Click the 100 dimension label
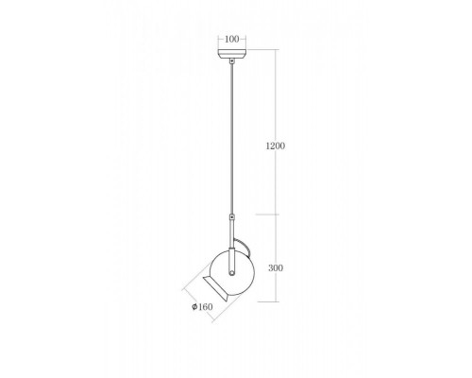pos(232,39)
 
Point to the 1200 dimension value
pos(276,146)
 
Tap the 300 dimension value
pos(276,267)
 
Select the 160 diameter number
pos(206,307)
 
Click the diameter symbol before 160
pos(194,306)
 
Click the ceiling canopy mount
pos(232,54)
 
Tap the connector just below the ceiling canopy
pos(232,61)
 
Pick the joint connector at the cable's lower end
pos(232,217)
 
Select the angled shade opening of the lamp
pos(216,289)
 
